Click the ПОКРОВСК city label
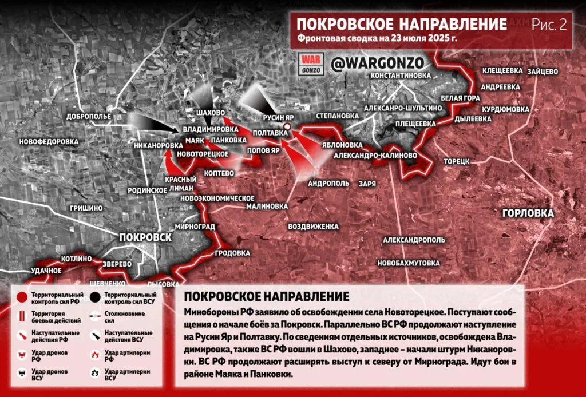145,237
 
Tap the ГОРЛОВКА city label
528,213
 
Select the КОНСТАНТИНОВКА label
400,76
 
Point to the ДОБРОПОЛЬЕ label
88,116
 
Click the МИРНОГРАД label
195,226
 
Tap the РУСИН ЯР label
278,118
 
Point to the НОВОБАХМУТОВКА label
409,263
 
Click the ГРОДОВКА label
232,252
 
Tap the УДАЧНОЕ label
46,270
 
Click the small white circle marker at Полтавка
287,126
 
